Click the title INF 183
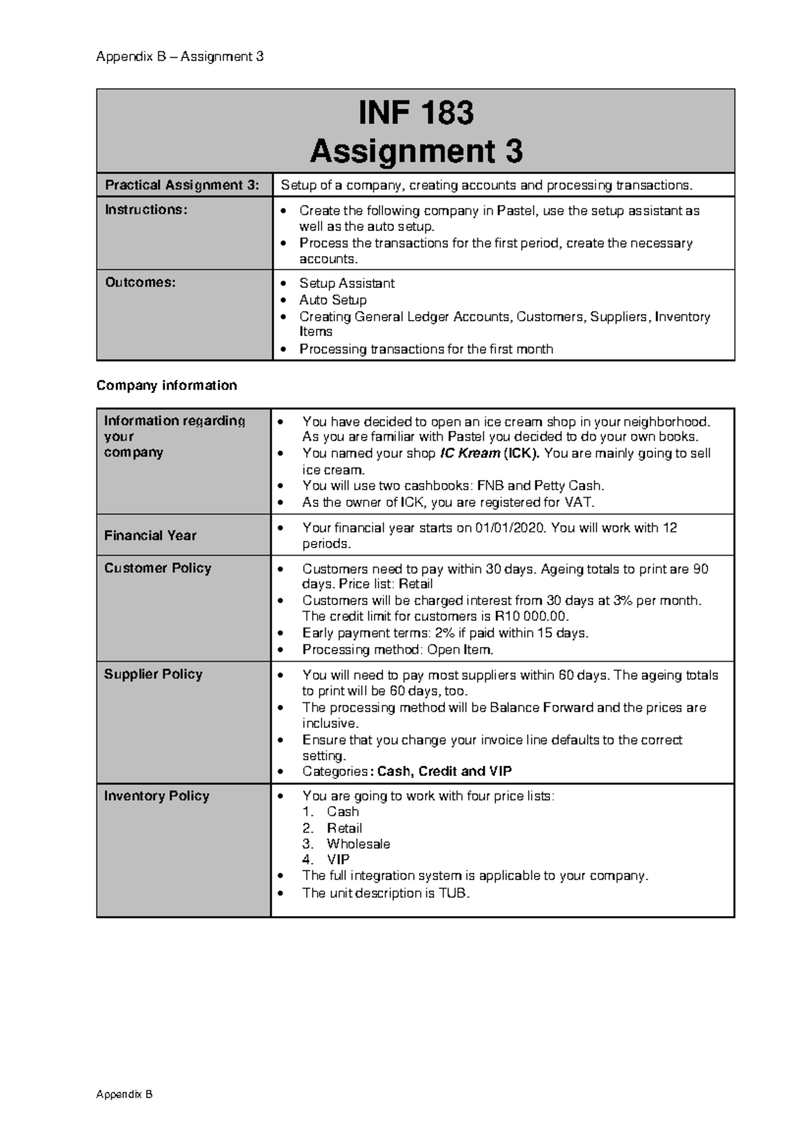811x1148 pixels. (416, 113)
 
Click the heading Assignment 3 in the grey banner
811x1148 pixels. (416, 151)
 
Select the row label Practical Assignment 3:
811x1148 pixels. (182, 185)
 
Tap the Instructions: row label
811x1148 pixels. (145, 210)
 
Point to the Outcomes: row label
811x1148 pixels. (140, 283)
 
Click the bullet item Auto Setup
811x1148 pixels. (333, 300)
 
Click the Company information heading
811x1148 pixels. (166, 385)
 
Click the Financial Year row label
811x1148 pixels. (150, 535)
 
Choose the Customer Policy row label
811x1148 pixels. (157, 568)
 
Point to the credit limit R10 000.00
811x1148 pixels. (531, 617)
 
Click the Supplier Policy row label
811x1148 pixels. (153, 674)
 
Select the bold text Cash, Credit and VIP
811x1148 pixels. (444, 771)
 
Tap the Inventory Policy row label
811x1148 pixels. (156, 796)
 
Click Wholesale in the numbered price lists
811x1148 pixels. (358, 844)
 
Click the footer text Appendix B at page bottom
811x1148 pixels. (124, 1095)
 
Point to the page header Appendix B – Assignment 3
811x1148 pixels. (180, 57)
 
